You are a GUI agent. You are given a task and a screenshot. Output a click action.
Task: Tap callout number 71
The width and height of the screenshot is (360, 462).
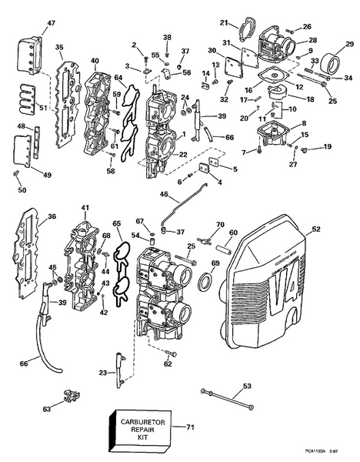[x=191, y=426]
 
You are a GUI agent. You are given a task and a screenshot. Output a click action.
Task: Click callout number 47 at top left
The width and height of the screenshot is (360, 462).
[x=30, y=24]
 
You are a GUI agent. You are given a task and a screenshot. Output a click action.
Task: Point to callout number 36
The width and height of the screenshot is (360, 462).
[x=52, y=216]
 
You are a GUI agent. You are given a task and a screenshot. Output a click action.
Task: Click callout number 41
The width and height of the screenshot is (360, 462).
[x=85, y=208]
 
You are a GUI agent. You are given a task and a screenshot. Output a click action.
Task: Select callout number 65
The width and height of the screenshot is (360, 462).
[x=118, y=224]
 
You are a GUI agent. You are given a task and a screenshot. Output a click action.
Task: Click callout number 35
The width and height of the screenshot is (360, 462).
[x=59, y=48]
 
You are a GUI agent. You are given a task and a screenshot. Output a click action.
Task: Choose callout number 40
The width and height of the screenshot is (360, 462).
[x=95, y=61]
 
